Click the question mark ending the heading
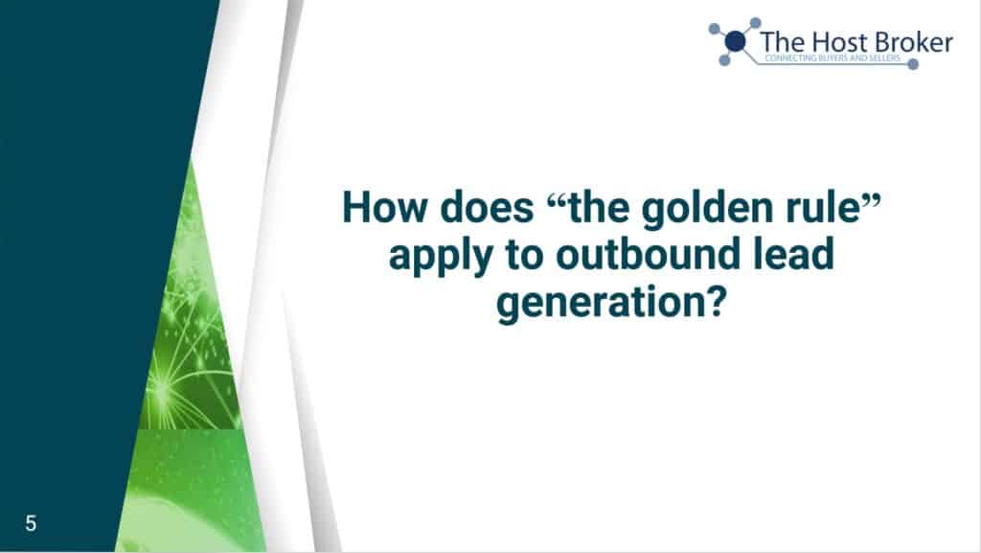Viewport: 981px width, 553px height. click(x=717, y=301)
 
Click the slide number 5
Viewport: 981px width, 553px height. click(x=31, y=523)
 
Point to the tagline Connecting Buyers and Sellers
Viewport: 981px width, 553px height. click(x=833, y=58)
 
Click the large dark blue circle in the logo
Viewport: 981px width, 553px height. click(x=736, y=42)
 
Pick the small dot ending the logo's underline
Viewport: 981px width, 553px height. click(x=913, y=64)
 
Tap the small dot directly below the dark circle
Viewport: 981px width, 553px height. click(x=724, y=60)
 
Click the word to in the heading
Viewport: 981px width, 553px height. click(x=523, y=255)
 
